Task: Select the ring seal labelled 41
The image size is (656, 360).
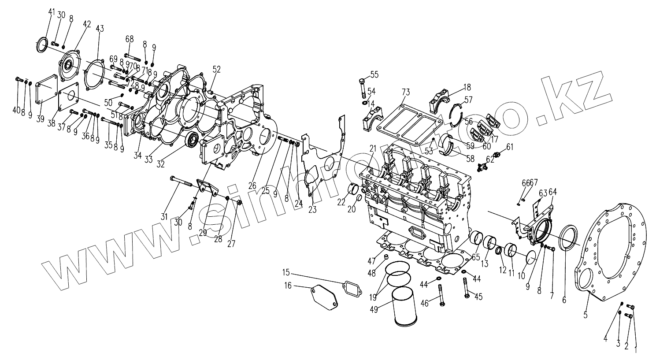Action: point(42,45)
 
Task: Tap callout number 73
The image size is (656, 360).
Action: point(406,92)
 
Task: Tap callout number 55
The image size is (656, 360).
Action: point(374,74)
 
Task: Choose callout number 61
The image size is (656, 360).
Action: point(510,147)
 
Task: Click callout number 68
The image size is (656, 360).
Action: point(129,39)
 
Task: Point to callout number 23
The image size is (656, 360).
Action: point(312,210)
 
